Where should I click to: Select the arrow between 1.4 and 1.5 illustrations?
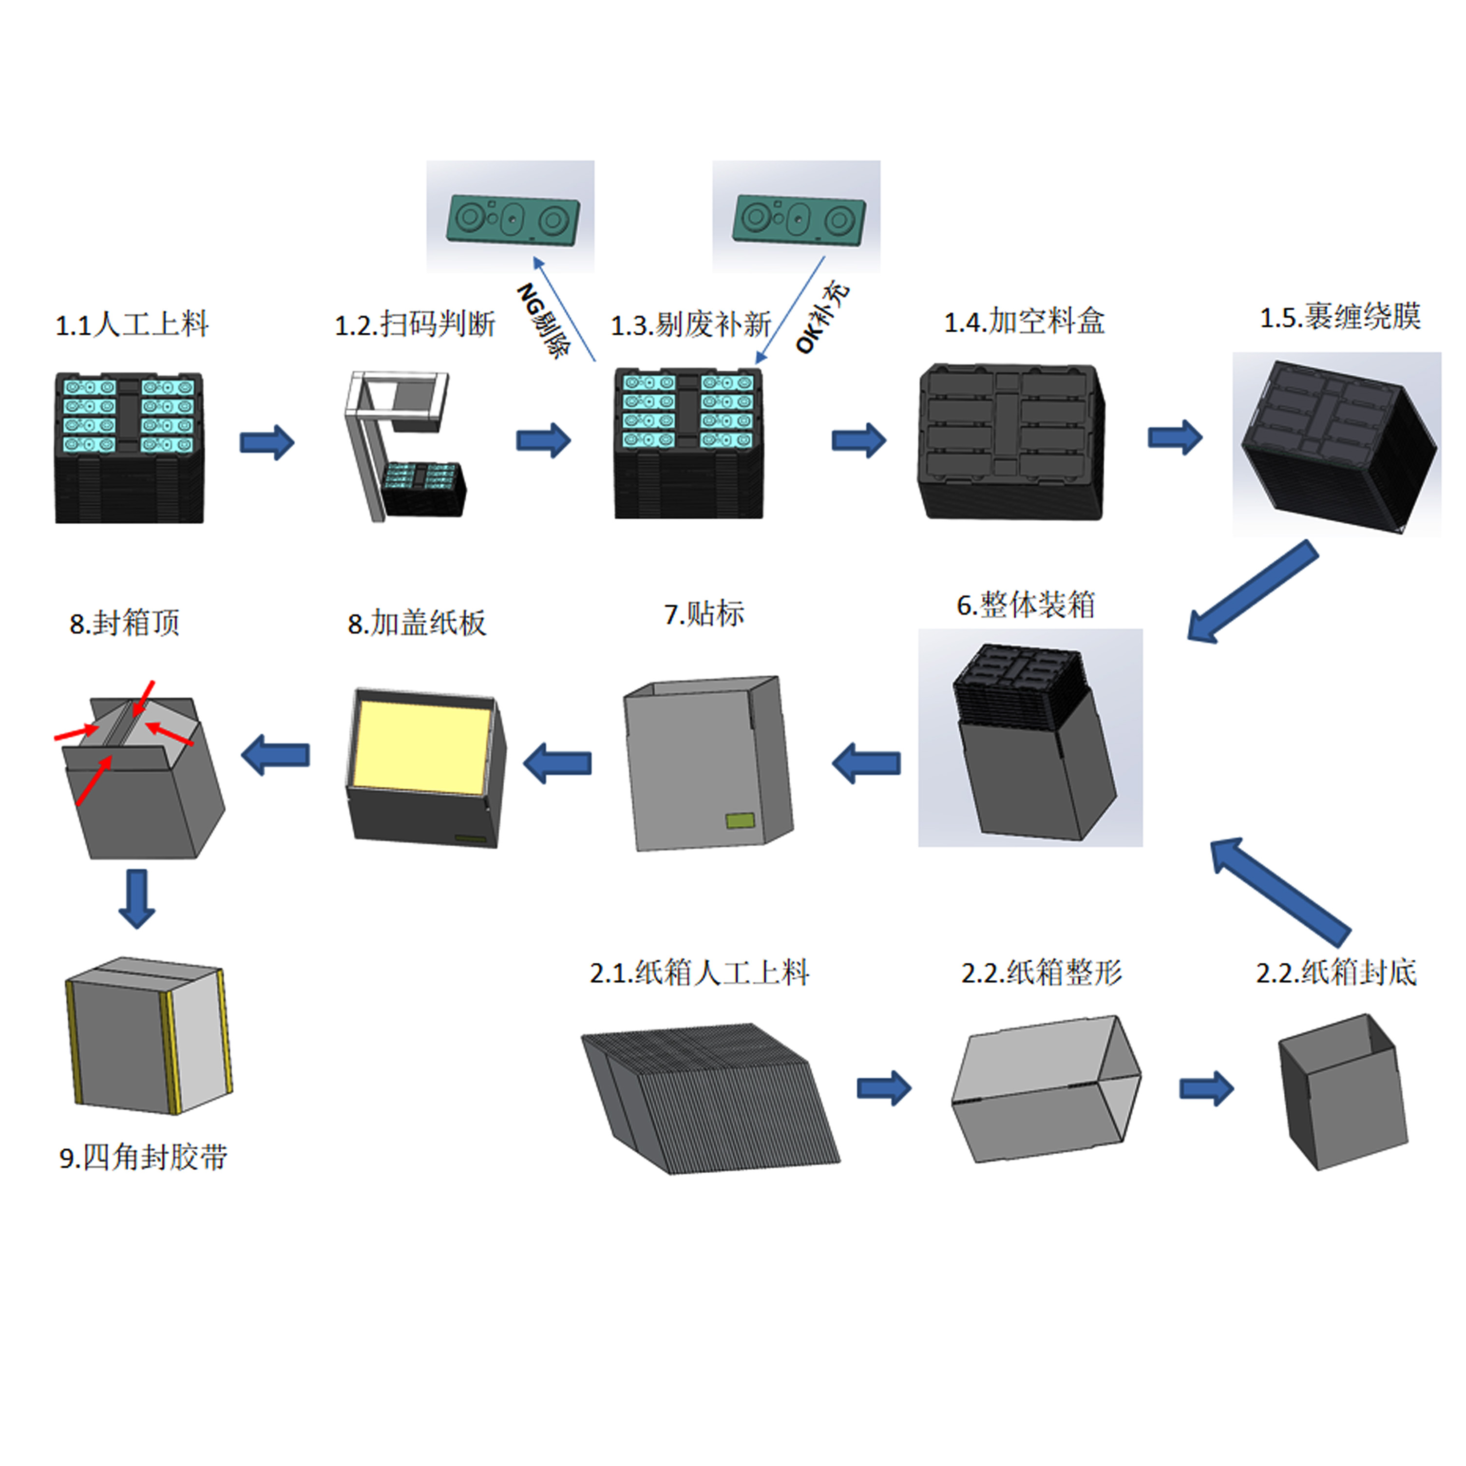(x=1174, y=438)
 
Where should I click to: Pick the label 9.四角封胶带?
(x=143, y=1157)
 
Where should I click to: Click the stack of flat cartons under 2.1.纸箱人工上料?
(x=709, y=1097)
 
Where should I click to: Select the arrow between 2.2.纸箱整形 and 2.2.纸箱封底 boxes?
(x=1206, y=1089)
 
